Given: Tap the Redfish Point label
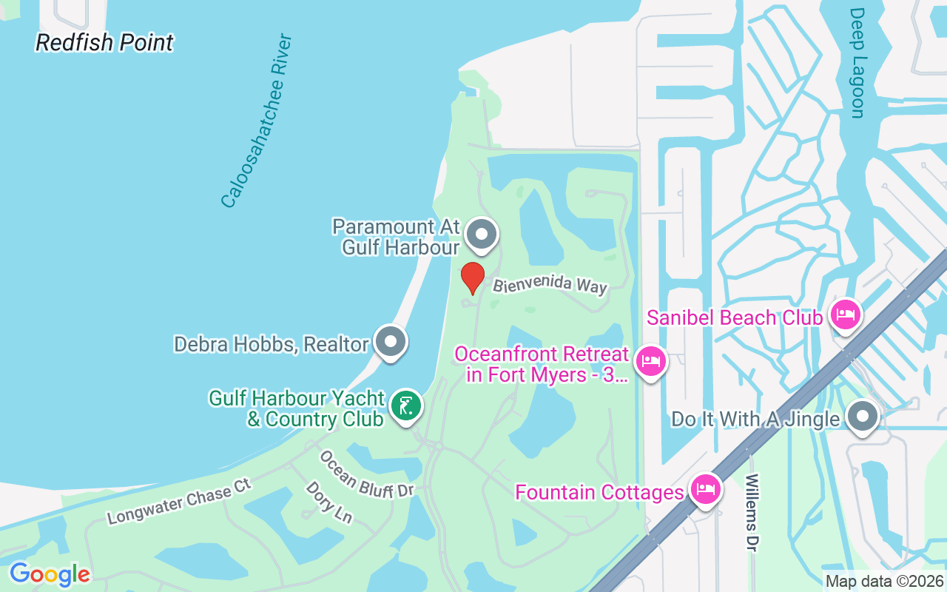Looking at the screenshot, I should click(104, 43).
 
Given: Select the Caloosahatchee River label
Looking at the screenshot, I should click(257, 121).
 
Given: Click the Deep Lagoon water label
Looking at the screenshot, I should click(857, 63).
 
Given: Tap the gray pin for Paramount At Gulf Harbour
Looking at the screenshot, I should click(482, 235).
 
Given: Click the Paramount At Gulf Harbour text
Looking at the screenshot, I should click(396, 237).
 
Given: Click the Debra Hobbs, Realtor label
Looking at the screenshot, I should click(271, 344).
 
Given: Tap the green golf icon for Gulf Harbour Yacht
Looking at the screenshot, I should click(405, 406).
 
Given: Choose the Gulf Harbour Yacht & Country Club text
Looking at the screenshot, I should click(296, 409).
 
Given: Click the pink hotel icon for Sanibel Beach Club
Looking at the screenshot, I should click(844, 316).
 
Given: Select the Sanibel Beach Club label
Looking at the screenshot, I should click(734, 318).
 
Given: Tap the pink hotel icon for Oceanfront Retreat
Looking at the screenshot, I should click(650, 361).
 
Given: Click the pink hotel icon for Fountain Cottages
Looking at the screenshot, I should click(705, 488).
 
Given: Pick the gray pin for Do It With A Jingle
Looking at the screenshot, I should click(862, 418).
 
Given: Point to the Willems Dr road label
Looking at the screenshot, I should click(752, 513).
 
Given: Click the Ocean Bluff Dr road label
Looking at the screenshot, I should click(365, 474).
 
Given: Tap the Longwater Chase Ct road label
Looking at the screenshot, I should click(180, 501).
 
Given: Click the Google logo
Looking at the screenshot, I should click(50, 574).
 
